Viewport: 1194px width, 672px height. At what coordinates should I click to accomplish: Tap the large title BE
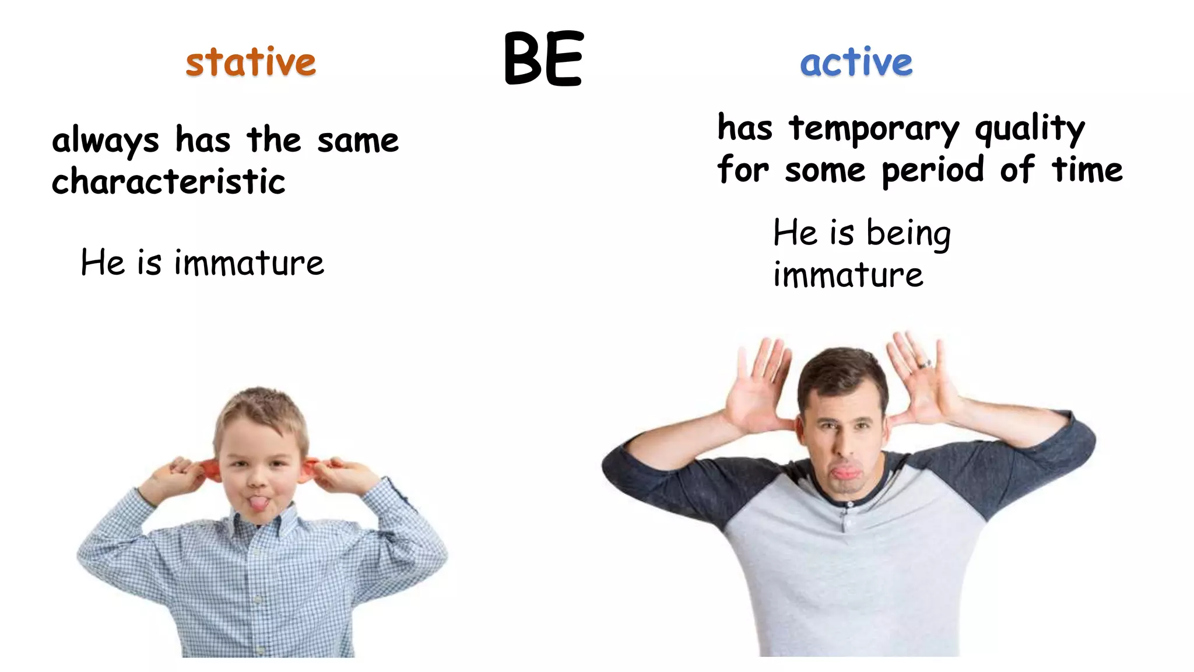coord(543,58)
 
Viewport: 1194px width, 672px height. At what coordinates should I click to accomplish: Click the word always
coord(105,141)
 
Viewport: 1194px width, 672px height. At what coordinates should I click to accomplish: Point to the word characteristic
coord(168,181)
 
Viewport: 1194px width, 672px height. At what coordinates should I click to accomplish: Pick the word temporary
coord(873,129)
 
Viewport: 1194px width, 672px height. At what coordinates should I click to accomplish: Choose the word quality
coord(1030,129)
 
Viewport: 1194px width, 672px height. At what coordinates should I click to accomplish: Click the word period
coord(933,171)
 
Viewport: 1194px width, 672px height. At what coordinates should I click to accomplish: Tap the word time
coord(1087,170)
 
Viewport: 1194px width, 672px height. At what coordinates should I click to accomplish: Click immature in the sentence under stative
coord(249,263)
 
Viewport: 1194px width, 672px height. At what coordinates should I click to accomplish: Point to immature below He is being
coord(848,275)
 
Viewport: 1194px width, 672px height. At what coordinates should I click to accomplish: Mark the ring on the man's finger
coord(925,363)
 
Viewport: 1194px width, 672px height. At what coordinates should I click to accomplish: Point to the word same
coord(358,141)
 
